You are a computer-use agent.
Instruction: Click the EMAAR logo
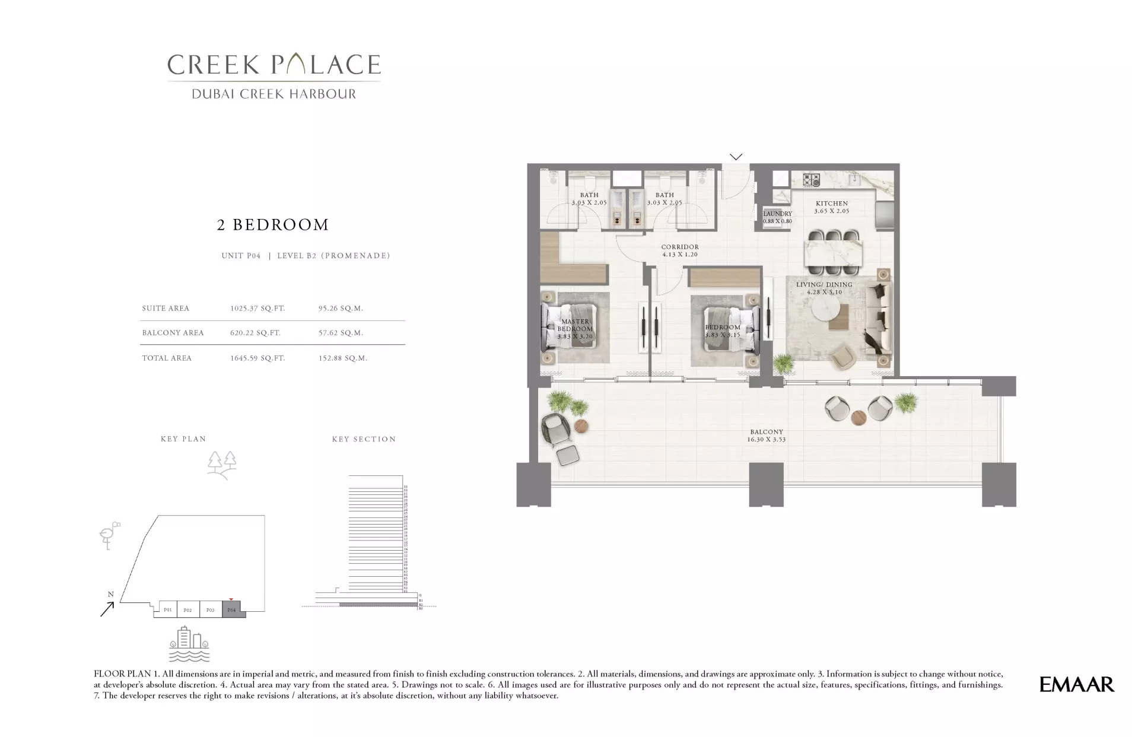click(x=1076, y=684)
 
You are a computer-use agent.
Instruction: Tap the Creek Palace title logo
click(x=274, y=65)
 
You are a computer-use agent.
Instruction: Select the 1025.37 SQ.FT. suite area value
click(x=257, y=309)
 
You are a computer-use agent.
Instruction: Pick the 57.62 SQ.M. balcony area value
click(x=341, y=333)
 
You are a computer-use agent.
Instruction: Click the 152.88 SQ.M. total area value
click(x=343, y=358)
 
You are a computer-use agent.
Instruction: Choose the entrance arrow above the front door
click(x=736, y=157)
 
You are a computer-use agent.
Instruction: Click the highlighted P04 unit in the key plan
click(x=232, y=609)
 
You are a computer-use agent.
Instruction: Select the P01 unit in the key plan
click(x=168, y=609)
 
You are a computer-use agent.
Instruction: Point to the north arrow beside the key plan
click(x=107, y=608)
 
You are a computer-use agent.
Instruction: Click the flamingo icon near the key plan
click(x=109, y=535)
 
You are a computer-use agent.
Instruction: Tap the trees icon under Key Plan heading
click(x=222, y=465)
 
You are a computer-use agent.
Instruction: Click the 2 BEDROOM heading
click(x=273, y=225)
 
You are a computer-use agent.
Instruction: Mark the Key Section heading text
click(x=364, y=439)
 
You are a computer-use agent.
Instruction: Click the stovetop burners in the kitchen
click(x=811, y=179)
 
